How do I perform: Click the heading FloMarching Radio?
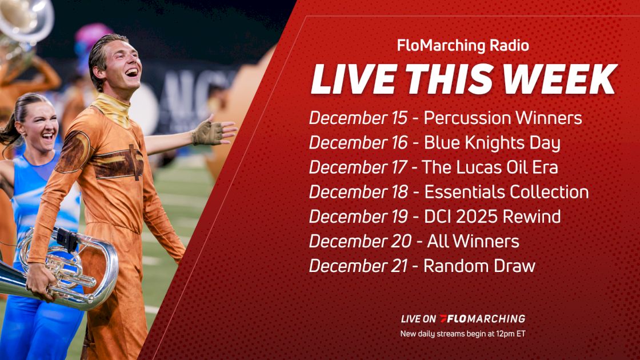[x=463, y=46]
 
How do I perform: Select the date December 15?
[x=358, y=118]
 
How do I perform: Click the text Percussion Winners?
[x=503, y=118]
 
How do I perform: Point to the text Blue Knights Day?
[x=492, y=143]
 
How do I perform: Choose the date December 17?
[x=358, y=167]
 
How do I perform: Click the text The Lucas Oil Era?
[x=490, y=167]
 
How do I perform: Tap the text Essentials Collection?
[x=506, y=192]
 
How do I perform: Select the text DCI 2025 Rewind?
[x=492, y=217]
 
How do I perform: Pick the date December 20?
[x=360, y=241]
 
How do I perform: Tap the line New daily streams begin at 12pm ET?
[x=463, y=334]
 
